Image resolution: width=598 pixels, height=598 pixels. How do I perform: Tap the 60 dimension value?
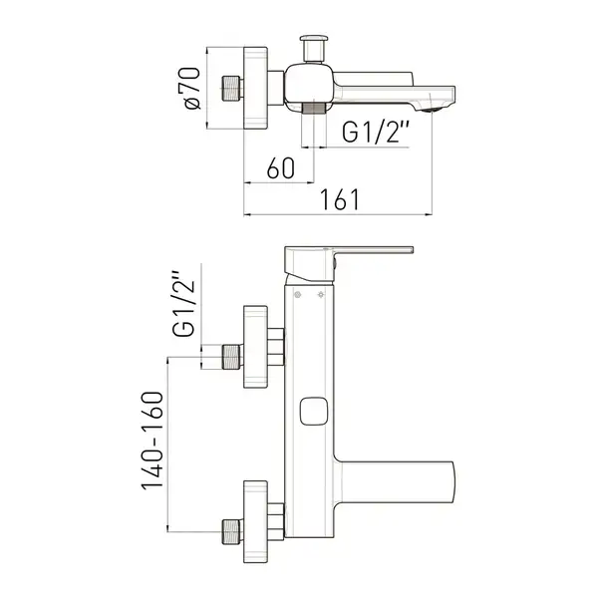pos(281,167)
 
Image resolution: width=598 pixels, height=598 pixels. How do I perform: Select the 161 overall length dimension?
pos(340,199)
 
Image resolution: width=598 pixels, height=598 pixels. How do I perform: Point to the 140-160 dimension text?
pos(152,441)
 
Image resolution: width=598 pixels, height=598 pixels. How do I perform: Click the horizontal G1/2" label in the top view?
pos(376,132)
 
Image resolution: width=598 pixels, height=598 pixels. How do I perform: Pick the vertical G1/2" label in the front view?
pos(184,304)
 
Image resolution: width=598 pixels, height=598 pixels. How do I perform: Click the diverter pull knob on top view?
pos(314,49)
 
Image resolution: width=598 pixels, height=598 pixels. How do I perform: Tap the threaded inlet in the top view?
pos(231,89)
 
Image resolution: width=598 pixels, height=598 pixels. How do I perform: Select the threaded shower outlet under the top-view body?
pos(314,108)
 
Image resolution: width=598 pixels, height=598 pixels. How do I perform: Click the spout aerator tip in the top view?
pos(432,110)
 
